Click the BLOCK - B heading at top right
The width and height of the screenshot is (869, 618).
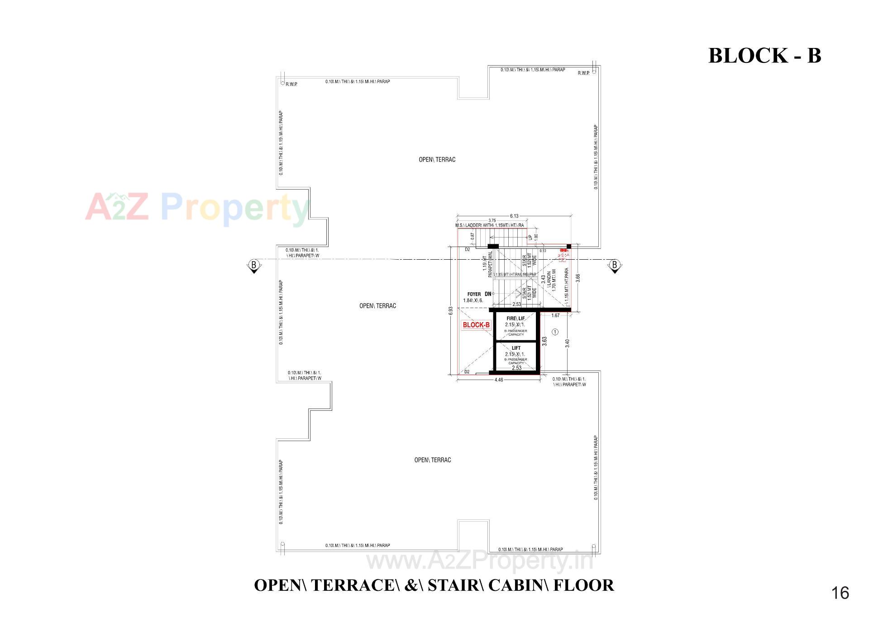[764, 56]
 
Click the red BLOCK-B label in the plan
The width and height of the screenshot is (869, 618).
[476, 325]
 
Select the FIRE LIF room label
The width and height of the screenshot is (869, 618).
[516, 319]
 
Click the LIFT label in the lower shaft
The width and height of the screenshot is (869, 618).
[516, 348]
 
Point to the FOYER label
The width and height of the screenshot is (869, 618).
[474, 294]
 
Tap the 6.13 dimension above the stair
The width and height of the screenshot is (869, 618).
[514, 216]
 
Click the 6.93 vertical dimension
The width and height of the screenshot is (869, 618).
[450, 311]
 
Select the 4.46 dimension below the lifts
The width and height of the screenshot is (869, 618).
[498, 380]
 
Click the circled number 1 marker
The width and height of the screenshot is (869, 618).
[555, 332]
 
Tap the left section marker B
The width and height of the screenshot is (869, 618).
[253, 265]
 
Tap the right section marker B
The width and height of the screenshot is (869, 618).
[614, 265]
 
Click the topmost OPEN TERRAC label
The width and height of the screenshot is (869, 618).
[437, 160]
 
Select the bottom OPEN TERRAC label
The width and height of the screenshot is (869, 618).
[433, 460]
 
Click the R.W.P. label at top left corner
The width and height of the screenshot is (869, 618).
[291, 84]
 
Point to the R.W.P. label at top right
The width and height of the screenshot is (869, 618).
[583, 73]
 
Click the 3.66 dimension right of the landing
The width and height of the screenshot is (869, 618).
[578, 278]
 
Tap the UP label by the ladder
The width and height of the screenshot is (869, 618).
[530, 237]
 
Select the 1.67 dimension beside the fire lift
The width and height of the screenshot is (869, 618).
[555, 315]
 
